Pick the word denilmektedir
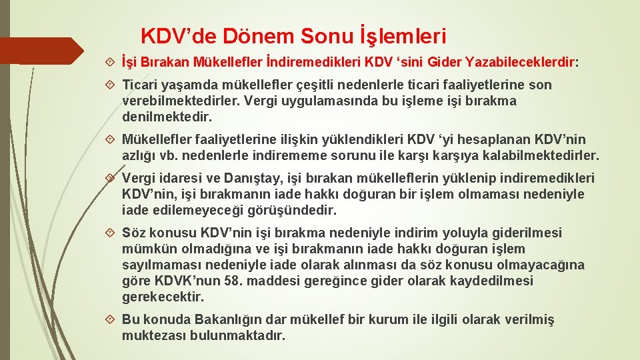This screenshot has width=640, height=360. point(167,117)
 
